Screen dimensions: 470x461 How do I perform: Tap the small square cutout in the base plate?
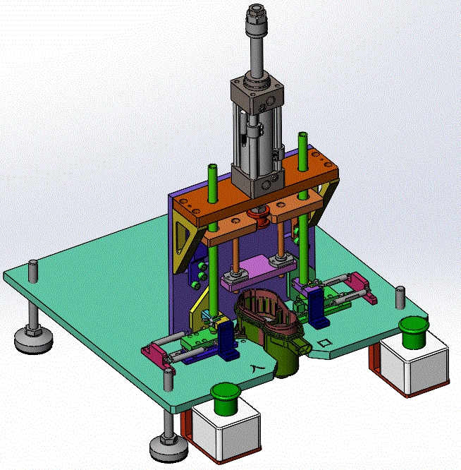pos(325,344)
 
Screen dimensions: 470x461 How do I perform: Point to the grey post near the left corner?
pos(32,271)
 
